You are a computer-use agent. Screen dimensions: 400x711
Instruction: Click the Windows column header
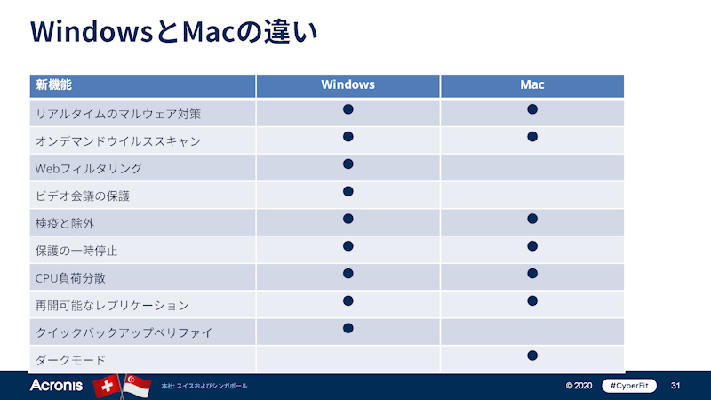pyautogui.click(x=348, y=85)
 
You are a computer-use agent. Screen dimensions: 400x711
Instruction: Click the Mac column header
pyautogui.click(x=532, y=85)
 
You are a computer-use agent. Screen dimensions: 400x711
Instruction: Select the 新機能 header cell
pyautogui.click(x=53, y=85)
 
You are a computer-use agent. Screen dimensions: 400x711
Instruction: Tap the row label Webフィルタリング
pyautogui.click(x=88, y=168)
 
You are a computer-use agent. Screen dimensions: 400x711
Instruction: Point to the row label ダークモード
pyautogui.click(x=70, y=360)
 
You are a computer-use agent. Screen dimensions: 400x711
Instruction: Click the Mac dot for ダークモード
pyautogui.click(x=532, y=356)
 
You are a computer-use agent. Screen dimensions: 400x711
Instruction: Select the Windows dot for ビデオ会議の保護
pyautogui.click(x=348, y=191)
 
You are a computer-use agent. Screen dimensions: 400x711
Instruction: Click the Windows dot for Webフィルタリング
pyautogui.click(x=348, y=164)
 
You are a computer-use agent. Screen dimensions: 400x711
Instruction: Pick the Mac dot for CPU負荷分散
pyautogui.click(x=532, y=273)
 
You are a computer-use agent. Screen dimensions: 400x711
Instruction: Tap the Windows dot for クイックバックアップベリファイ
pyautogui.click(x=348, y=328)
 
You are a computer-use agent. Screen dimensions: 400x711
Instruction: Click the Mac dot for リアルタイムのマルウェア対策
pyautogui.click(x=532, y=109)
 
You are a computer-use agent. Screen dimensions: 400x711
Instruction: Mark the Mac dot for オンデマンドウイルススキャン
pyautogui.click(x=532, y=136)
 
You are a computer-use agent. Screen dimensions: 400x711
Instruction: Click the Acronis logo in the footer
pyautogui.click(x=56, y=386)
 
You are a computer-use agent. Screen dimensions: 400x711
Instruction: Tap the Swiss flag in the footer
pyautogui.click(x=108, y=386)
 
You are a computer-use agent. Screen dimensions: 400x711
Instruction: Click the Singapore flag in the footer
pyautogui.click(x=137, y=386)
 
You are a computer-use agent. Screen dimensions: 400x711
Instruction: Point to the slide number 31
pyautogui.click(x=675, y=386)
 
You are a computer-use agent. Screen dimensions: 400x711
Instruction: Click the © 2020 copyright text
pyautogui.click(x=579, y=386)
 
